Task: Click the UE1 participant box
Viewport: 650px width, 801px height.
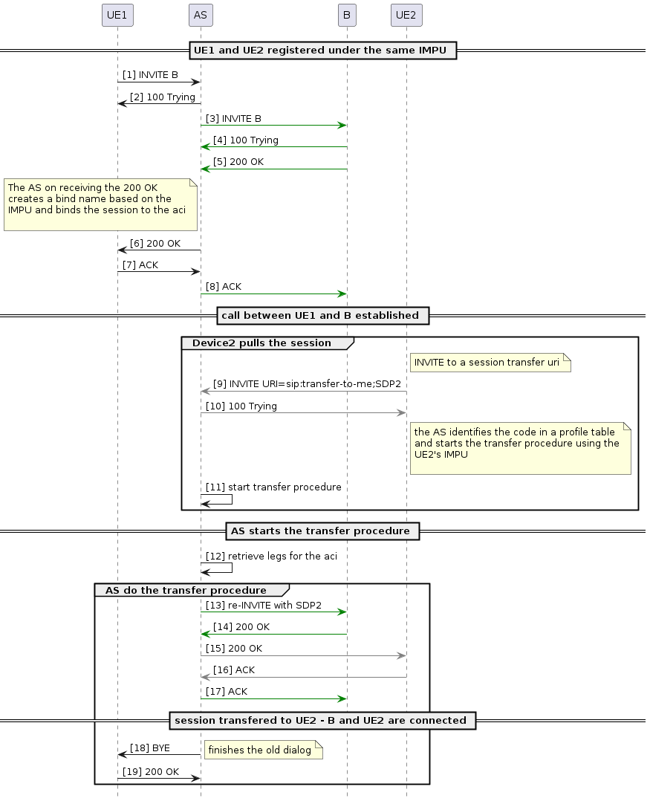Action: click(x=117, y=14)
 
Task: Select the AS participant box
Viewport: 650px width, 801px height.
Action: click(x=200, y=14)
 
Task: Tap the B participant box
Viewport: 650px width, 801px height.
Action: click(x=346, y=14)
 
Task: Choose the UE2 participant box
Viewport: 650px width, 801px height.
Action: click(x=406, y=14)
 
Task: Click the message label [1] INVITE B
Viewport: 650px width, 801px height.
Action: click(x=150, y=75)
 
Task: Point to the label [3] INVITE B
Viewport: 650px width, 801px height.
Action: click(x=233, y=118)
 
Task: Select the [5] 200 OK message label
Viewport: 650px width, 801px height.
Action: click(x=238, y=161)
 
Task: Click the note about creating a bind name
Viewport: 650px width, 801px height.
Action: click(x=100, y=204)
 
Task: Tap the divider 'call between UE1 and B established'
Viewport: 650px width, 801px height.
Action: click(x=320, y=315)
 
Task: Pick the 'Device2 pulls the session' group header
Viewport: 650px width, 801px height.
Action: click(x=261, y=343)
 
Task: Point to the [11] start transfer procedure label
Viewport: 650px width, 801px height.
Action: click(x=273, y=487)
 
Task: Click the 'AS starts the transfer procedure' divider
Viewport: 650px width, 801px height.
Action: click(x=320, y=531)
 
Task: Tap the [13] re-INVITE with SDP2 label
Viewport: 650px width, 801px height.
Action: click(x=264, y=605)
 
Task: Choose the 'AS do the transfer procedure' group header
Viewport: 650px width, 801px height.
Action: click(x=186, y=590)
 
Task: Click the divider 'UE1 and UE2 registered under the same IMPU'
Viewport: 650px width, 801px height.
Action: click(x=320, y=51)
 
